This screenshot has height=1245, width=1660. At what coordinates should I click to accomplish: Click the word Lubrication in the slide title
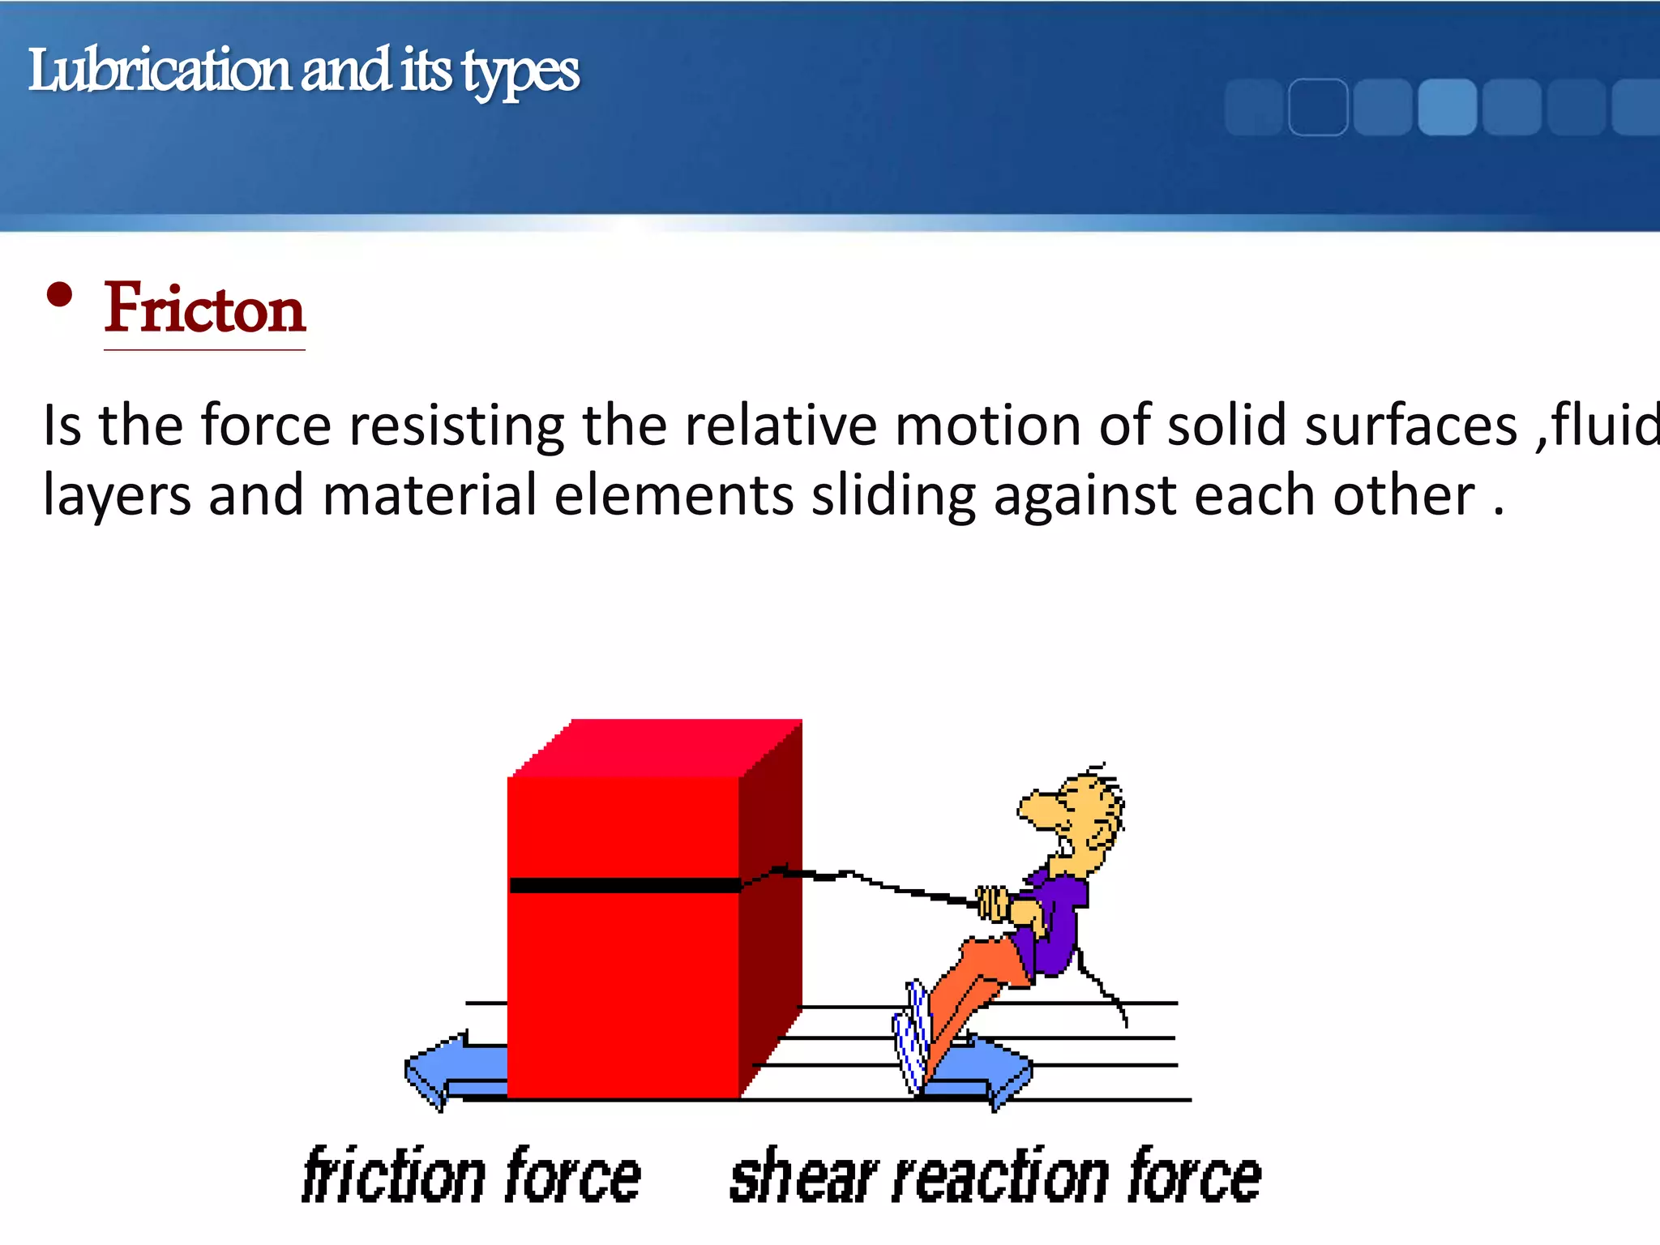click(x=159, y=71)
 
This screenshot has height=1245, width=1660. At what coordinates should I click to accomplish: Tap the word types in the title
click(x=521, y=73)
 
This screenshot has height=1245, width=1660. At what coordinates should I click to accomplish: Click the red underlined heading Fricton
click(x=204, y=309)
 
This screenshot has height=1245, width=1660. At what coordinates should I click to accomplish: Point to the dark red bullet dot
click(x=59, y=295)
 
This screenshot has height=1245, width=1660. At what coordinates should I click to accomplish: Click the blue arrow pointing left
click(x=451, y=1071)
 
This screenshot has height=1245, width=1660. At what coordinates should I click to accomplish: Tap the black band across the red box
click(x=624, y=885)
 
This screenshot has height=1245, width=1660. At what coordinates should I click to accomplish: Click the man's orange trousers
click(x=973, y=989)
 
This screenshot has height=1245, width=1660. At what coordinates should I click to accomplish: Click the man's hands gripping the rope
click(x=994, y=903)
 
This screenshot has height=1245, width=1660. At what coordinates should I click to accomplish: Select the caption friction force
click(x=471, y=1176)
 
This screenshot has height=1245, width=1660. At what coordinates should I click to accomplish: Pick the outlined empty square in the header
click(x=1318, y=106)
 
